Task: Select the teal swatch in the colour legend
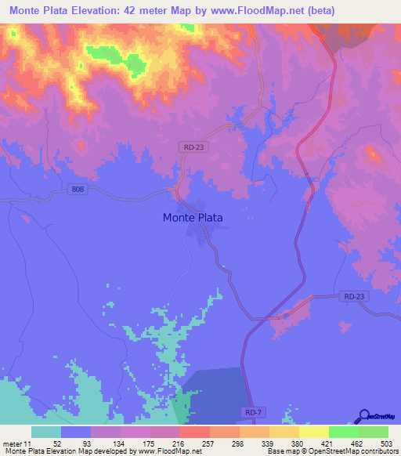click(45, 432)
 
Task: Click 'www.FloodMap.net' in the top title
click(253, 11)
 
